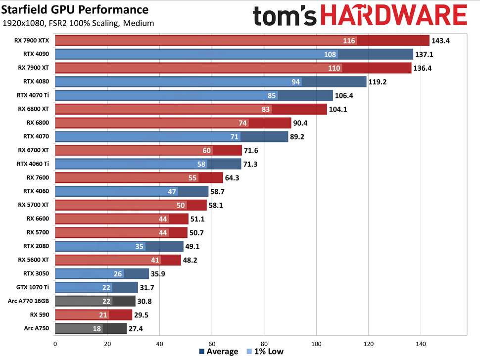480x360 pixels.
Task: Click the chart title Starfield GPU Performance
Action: [75, 9]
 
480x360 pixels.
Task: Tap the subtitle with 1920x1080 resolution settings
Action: [78, 23]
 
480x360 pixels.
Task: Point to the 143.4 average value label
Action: [441, 41]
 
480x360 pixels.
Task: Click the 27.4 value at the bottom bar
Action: [137, 328]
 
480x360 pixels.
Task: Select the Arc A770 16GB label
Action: [29, 300]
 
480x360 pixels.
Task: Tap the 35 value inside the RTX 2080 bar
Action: [139, 246]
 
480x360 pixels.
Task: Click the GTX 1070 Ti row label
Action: [33, 287]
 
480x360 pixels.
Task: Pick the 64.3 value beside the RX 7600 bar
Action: [235, 177]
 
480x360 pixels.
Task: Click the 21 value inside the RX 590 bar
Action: [103, 315]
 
